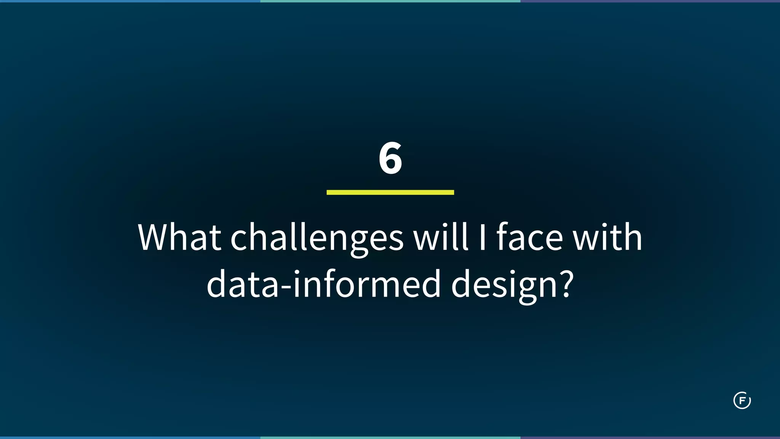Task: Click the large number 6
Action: click(390, 158)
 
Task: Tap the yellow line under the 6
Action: click(390, 192)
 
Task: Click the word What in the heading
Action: click(179, 238)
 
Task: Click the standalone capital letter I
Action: click(482, 238)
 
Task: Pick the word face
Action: click(529, 238)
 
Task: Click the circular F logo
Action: click(742, 400)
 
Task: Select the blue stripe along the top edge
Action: click(129, 1)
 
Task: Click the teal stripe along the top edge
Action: click(390, 1)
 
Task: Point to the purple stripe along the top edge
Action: click(650, 1)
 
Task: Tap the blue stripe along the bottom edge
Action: click(129, 437)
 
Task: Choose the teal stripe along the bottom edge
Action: click(390, 437)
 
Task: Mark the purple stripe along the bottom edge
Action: click(650, 437)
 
